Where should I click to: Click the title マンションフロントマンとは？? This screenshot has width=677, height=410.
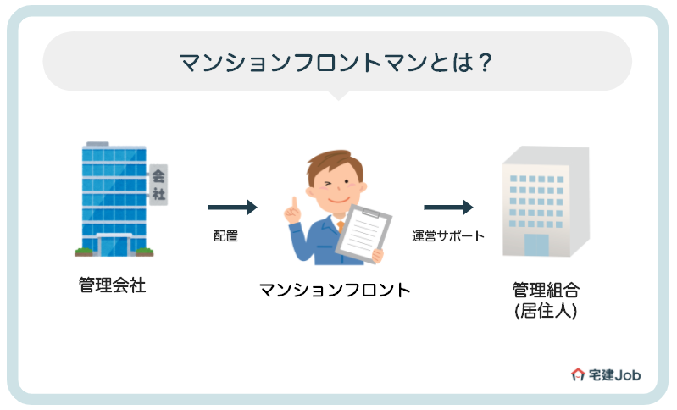[x=337, y=63]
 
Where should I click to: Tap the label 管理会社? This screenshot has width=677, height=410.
[x=112, y=285]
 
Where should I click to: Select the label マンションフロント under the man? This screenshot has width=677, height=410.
[x=335, y=289]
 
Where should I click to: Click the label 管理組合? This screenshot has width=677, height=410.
[x=547, y=289]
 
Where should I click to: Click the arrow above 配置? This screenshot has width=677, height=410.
[x=232, y=207]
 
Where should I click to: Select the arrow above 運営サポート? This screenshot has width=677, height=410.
[x=447, y=207]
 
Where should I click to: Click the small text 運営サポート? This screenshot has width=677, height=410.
[x=448, y=236]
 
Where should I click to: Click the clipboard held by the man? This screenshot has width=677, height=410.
[x=360, y=230]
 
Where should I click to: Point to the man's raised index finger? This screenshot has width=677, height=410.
[x=293, y=203]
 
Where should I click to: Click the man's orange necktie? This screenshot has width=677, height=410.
[x=340, y=226]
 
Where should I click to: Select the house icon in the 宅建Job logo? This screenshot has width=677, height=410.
[x=579, y=374]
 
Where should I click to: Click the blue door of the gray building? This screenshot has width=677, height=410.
[x=536, y=245]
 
